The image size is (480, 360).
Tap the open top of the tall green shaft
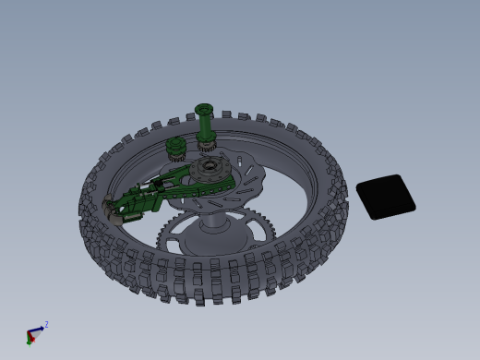click(204, 109)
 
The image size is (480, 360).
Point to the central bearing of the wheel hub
click(210, 167)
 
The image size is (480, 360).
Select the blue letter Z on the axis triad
click(46, 325)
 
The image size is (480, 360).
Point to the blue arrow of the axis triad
click(39, 329)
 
